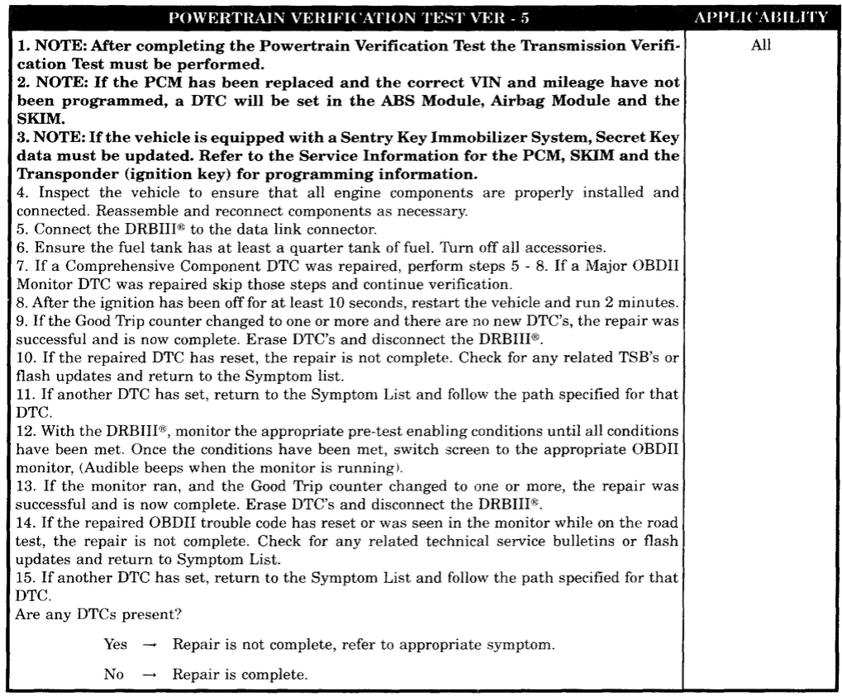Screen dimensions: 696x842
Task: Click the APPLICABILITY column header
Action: tap(761, 17)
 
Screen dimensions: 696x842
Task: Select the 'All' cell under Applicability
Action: tap(761, 46)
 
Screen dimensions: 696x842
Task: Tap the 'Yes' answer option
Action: tap(116, 644)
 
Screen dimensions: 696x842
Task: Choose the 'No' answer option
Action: tap(114, 675)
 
